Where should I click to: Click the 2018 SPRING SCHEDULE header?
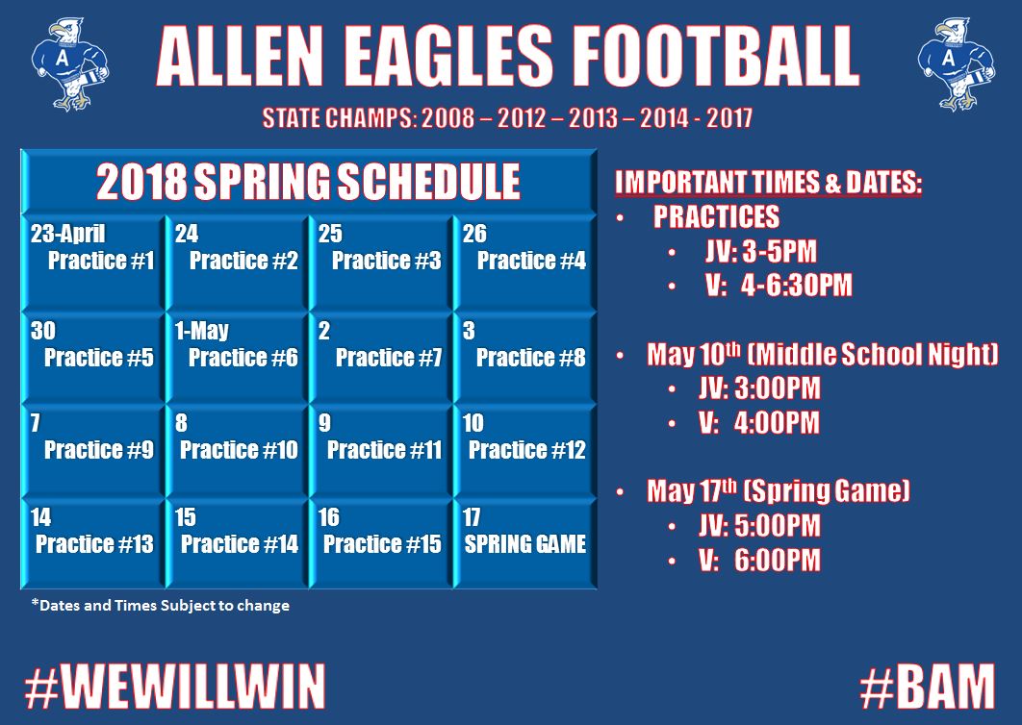[x=308, y=181]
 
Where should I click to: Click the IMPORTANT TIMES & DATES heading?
[x=768, y=184]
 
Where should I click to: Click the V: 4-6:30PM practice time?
[x=778, y=286]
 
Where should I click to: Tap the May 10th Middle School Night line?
[x=822, y=355]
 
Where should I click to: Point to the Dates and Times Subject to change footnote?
[x=160, y=606]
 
